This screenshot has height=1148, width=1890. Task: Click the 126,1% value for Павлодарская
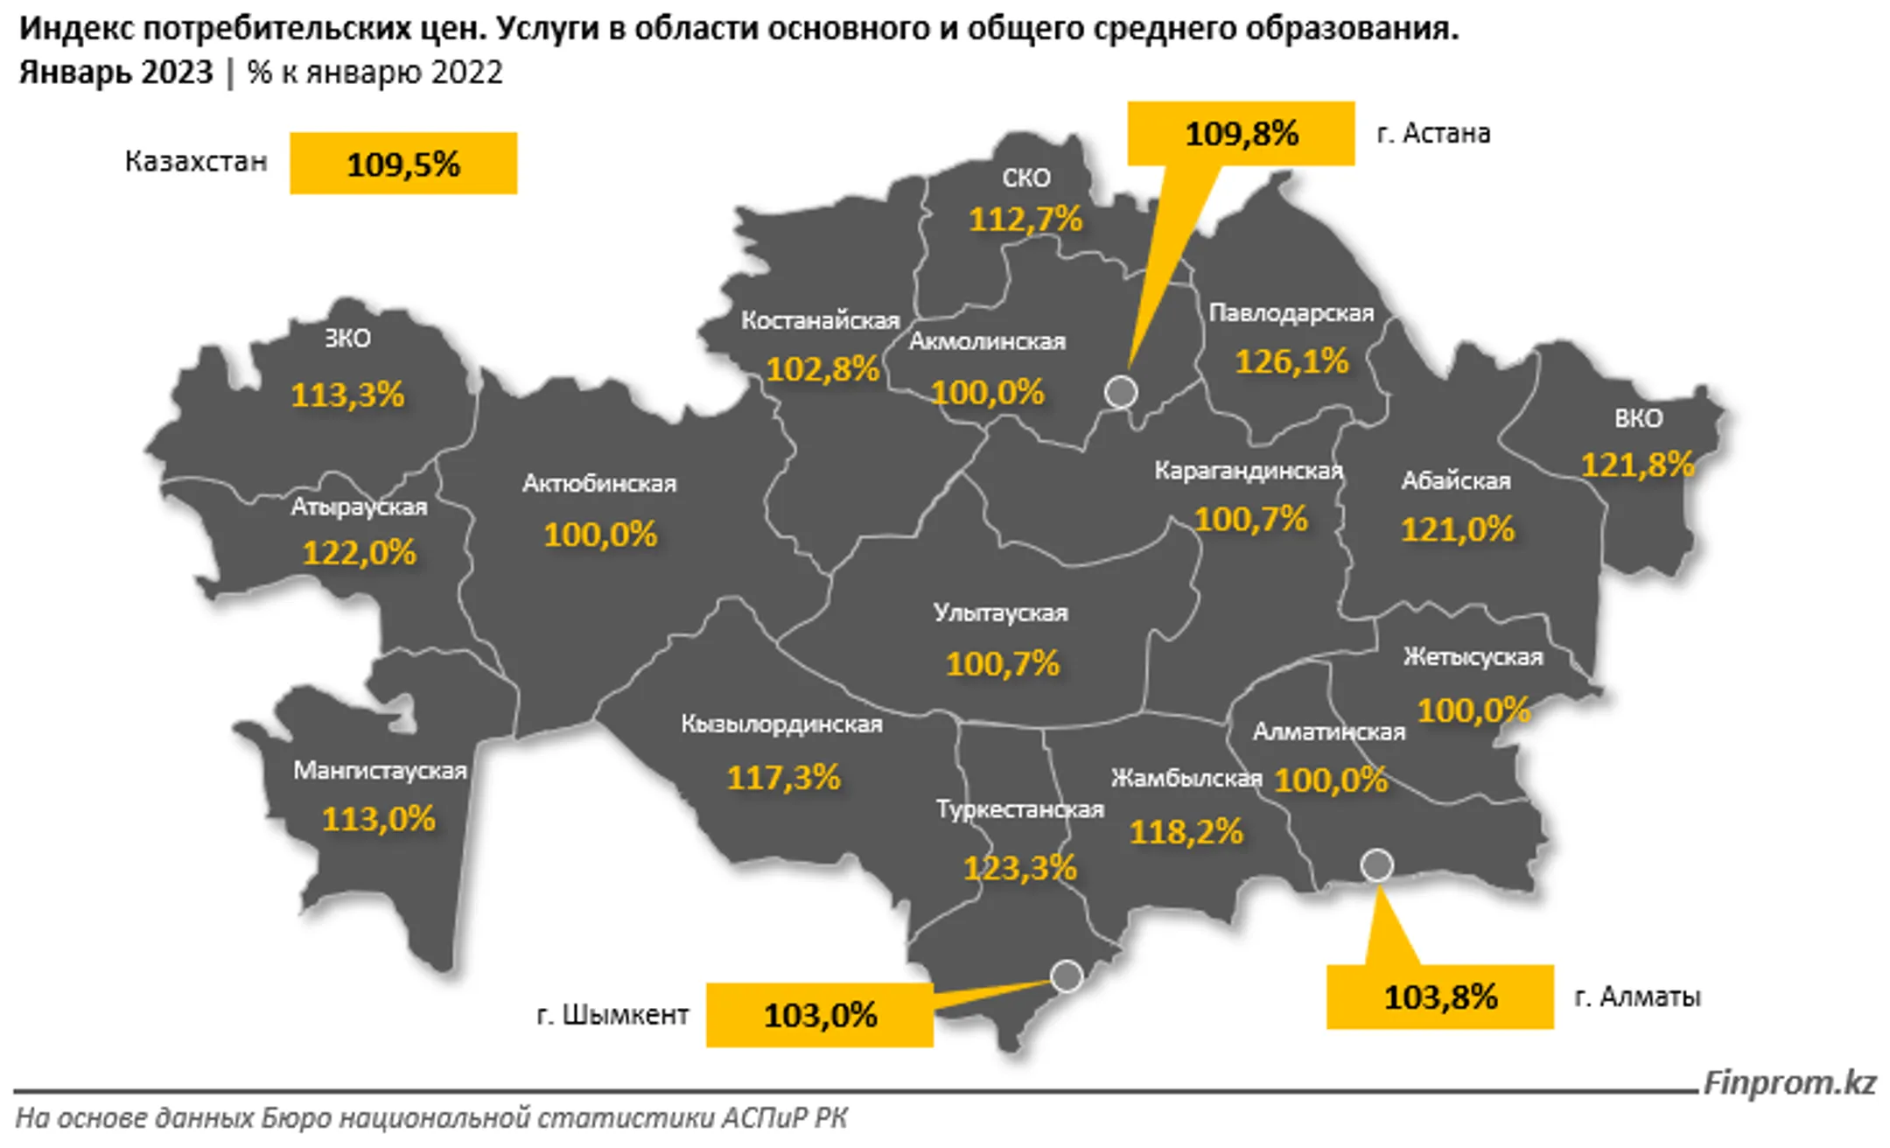pos(1291,361)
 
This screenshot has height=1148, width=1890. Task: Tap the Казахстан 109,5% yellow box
pos(403,164)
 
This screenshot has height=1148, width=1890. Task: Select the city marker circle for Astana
pos(1121,392)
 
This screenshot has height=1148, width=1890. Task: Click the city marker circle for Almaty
pos(1377,865)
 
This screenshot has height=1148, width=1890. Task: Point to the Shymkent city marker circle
pos(1067,976)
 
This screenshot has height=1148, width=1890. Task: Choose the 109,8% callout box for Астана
pos(1241,134)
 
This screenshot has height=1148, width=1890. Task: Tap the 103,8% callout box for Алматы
pos(1440,997)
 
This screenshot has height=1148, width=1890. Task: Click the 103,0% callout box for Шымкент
pos(820,1015)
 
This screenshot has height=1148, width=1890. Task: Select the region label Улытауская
pos(1001,612)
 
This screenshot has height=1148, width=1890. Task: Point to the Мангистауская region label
pos(380,771)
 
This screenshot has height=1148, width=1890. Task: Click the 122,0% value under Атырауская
pos(360,553)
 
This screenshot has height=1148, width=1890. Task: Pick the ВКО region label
pos(1638,418)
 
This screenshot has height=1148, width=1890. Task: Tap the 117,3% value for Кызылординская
pos(783,777)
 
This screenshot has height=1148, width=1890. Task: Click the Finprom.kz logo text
pos(1789,1083)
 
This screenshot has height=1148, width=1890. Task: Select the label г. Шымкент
pos(612,1015)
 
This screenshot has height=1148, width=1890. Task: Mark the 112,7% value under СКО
pos(1025,219)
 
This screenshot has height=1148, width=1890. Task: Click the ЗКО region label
pos(347,339)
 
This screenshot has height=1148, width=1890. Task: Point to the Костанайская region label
pos(820,321)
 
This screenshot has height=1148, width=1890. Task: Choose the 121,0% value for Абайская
pos(1457,529)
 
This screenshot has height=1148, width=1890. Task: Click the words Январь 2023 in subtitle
pos(115,73)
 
